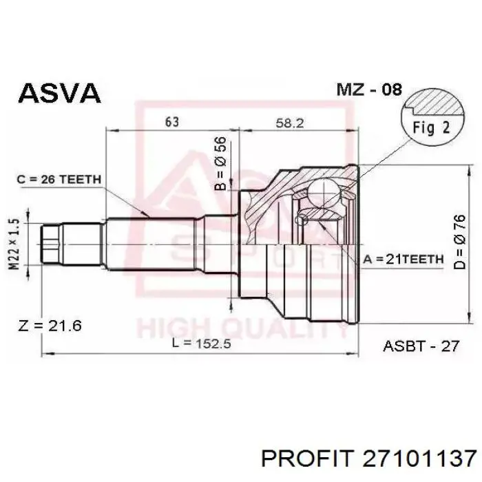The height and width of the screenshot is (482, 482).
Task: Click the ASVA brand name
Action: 60,93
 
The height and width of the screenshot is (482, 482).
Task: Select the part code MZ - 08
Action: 369,90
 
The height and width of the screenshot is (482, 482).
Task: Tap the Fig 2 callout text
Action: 431,127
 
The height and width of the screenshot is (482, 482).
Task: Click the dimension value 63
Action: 172,122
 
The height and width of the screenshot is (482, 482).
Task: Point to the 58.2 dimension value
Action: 290,123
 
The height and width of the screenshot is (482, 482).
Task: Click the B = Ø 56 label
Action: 220,164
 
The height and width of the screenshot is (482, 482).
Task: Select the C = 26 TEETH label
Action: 59,179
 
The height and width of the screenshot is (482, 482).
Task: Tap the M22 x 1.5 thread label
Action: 14,244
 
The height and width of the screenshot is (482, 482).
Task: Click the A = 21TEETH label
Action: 404,259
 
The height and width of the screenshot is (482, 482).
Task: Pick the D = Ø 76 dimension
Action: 460,242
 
